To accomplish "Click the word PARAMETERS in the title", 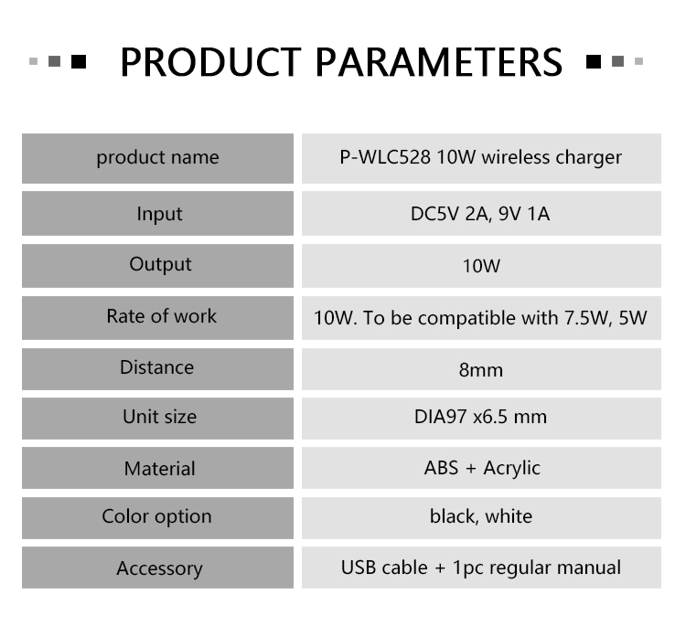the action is click(439, 61).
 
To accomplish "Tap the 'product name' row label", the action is click(157, 157).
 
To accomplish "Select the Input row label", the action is click(159, 214).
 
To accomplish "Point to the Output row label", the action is click(160, 264).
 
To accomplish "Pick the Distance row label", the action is click(156, 367).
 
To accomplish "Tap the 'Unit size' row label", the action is click(160, 417).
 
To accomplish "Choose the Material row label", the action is click(160, 469).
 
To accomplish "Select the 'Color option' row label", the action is click(156, 516).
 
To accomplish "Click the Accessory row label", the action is click(160, 568).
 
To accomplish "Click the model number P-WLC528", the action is click(385, 157).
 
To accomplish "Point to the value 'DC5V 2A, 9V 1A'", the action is click(480, 214).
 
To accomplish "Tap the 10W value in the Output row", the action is click(481, 266).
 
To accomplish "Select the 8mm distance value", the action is click(481, 370).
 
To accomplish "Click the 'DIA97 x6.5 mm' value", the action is click(480, 417).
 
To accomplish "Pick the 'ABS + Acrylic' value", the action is click(482, 468).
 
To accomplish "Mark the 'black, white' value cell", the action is click(481, 516).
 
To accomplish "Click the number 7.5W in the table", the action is click(587, 318).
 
